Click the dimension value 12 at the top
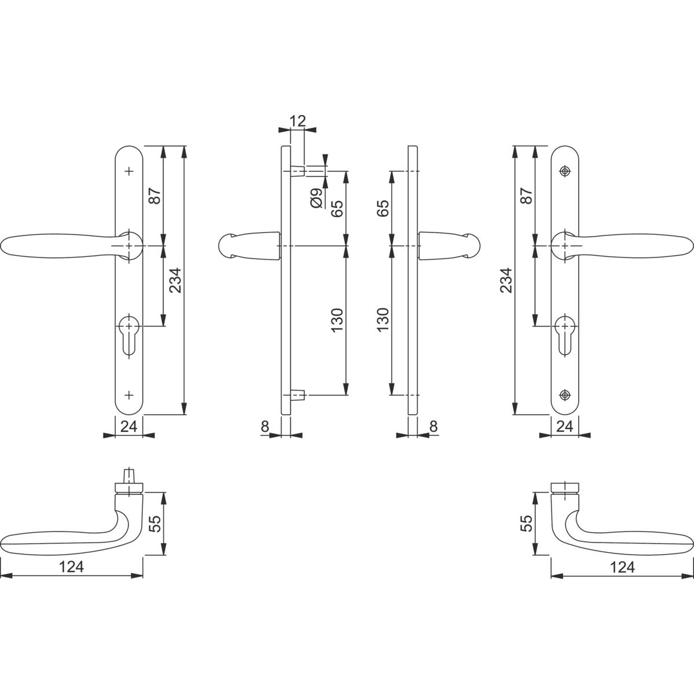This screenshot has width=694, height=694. (297, 121)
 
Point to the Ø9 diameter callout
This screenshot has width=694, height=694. (316, 198)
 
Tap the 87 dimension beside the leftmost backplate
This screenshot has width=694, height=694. (155, 195)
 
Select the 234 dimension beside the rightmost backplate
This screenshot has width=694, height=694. (507, 280)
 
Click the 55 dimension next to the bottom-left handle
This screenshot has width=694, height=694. (155, 523)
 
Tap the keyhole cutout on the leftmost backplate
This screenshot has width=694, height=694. (129, 335)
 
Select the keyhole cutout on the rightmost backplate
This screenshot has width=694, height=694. (564, 335)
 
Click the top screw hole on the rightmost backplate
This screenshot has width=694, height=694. (565, 171)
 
